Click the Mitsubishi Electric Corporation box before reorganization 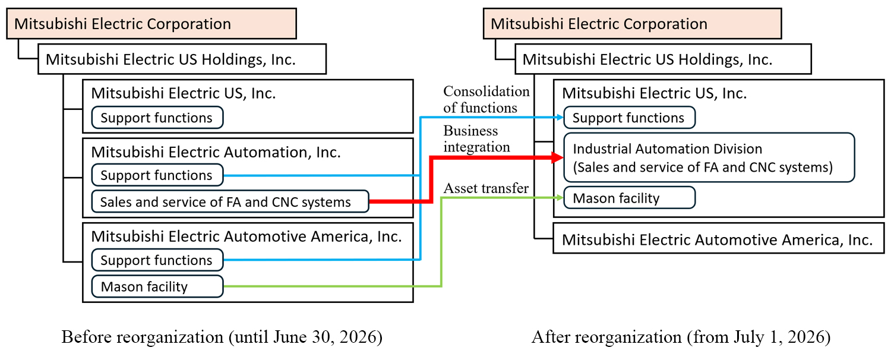pyautogui.click(x=151, y=24)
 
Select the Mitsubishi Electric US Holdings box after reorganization pyautogui.click(x=663, y=59)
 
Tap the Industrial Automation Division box pyautogui.click(x=709, y=157)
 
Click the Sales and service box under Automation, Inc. pyautogui.click(x=230, y=202)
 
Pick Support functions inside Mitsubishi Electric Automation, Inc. pyautogui.click(x=157, y=175)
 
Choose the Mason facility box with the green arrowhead pyautogui.click(x=629, y=198)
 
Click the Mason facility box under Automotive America pyautogui.click(x=157, y=287)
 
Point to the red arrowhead pyautogui.click(x=557, y=157)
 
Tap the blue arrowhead pyautogui.click(x=559, y=118)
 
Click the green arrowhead pyautogui.click(x=560, y=198)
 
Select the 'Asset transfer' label pyautogui.click(x=486, y=188)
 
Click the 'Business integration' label pyautogui.click(x=476, y=138)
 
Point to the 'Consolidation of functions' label pyautogui.click(x=486, y=99)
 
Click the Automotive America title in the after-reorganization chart pyautogui.click(x=717, y=239)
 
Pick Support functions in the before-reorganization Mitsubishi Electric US pyautogui.click(x=157, y=118)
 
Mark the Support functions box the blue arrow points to pyautogui.click(x=629, y=118)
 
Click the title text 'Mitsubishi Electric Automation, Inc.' pyautogui.click(x=216, y=152)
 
